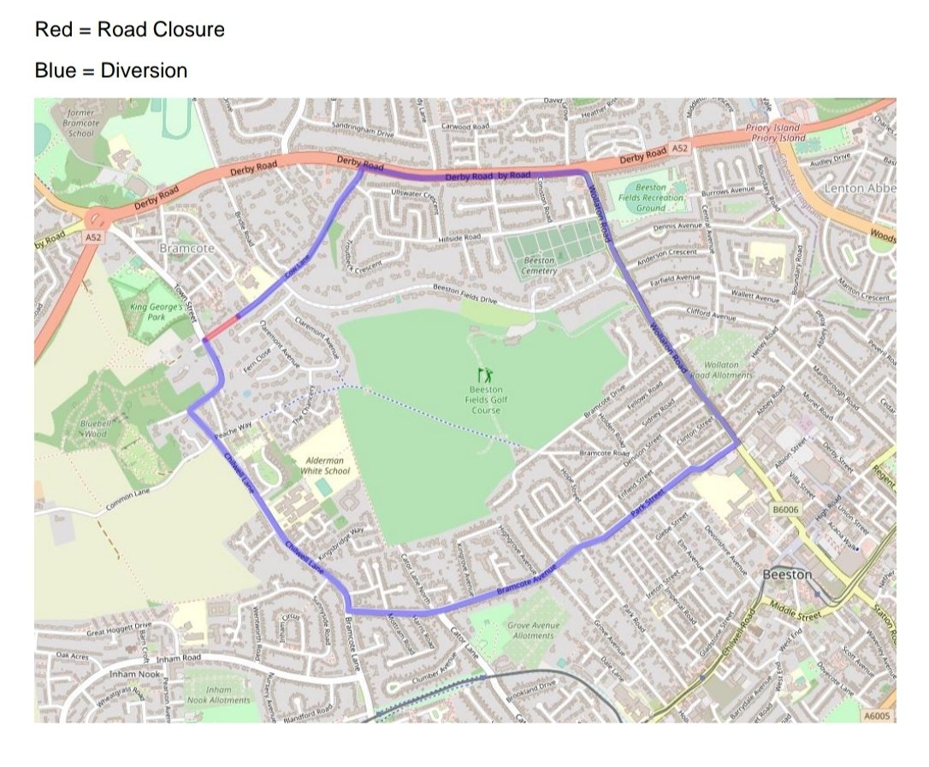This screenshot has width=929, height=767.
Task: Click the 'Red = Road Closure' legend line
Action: [129, 30]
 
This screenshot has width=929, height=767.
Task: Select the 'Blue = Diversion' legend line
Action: [110, 70]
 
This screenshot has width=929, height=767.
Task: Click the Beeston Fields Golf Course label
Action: [483, 399]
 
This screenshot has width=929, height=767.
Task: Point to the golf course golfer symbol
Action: [485, 374]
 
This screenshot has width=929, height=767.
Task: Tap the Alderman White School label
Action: [326, 465]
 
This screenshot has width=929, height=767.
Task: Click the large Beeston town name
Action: [786, 575]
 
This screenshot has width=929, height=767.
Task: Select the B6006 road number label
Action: [784, 510]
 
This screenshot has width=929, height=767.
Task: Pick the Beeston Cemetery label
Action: [539, 265]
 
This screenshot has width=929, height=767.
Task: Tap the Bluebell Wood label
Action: [93, 428]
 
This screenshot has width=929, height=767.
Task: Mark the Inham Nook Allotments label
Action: [219, 694]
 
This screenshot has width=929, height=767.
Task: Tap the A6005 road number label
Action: [877, 714]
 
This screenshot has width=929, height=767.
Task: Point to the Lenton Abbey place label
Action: [860, 187]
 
